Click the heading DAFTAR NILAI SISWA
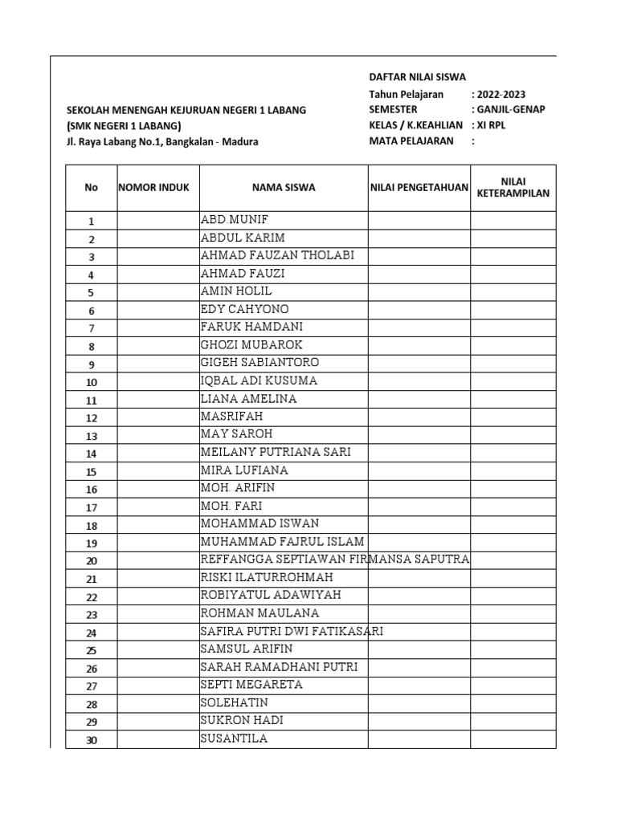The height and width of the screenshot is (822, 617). pos(416,77)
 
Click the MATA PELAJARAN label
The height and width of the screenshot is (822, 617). pos(411,141)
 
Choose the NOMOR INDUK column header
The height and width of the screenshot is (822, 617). pos(154,188)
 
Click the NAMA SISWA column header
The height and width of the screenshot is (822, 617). pos(284,188)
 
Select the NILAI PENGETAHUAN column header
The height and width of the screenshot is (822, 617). pos(419,188)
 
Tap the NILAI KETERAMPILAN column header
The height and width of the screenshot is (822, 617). pos(513,188)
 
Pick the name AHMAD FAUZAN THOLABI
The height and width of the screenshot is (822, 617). pos(277,256)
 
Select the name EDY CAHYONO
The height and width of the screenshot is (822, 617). pos(244,309)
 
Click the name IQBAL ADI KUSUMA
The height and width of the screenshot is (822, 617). pos(259,380)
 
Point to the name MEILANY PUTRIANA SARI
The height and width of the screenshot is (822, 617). pos(276,452)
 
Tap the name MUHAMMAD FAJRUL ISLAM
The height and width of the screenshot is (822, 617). pos(282,541)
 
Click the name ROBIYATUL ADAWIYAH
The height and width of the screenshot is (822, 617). pos(271,595)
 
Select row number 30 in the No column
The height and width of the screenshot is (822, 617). pos(91,740)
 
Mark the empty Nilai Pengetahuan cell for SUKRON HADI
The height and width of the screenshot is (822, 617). pos(419,721)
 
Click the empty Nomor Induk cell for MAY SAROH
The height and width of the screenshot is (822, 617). pos(157,435)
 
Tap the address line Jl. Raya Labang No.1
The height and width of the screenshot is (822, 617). pos(163,142)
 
